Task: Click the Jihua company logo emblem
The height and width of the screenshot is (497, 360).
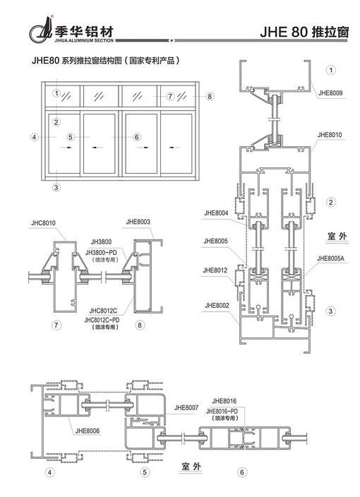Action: pyautogui.click(x=41, y=30)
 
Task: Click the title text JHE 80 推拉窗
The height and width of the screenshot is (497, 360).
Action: pyautogui.click(x=304, y=32)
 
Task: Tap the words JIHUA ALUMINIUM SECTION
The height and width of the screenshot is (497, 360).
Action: pyautogui.click(x=84, y=40)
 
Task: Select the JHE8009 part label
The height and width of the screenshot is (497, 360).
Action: pyautogui.click(x=330, y=93)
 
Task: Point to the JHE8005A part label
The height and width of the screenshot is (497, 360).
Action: pyautogui.click(x=330, y=258)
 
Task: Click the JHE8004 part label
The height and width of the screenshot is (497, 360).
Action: pyautogui.click(x=216, y=213)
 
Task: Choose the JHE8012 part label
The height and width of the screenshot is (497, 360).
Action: pyautogui.click(x=215, y=270)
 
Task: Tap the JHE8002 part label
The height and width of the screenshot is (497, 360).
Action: pyautogui.click(x=217, y=306)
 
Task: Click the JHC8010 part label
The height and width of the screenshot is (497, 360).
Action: pyautogui.click(x=43, y=223)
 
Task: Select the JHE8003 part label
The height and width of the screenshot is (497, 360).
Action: pyautogui.click(x=138, y=222)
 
